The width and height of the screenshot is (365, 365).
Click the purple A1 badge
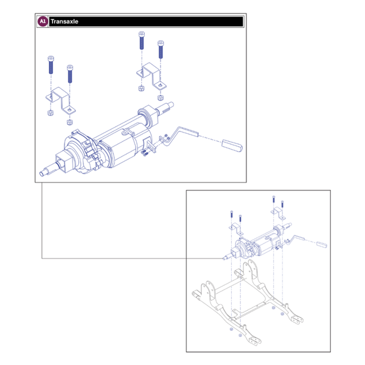pyautogui.click(x=42, y=21)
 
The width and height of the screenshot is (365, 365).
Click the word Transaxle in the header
pyautogui.click(x=64, y=21)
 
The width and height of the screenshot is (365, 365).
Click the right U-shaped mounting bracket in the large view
pyautogui.click(x=151, y=79)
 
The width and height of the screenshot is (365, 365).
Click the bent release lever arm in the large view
pyautogui.click(x=182, y=133)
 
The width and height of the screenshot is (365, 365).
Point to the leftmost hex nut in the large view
pyautogui.click(x=49, y=113)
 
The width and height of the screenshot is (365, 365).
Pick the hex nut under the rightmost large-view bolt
pyautogui.click(x=160, y=97)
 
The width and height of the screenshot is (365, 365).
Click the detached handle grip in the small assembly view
pyautogui.click(x=321, y=246)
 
